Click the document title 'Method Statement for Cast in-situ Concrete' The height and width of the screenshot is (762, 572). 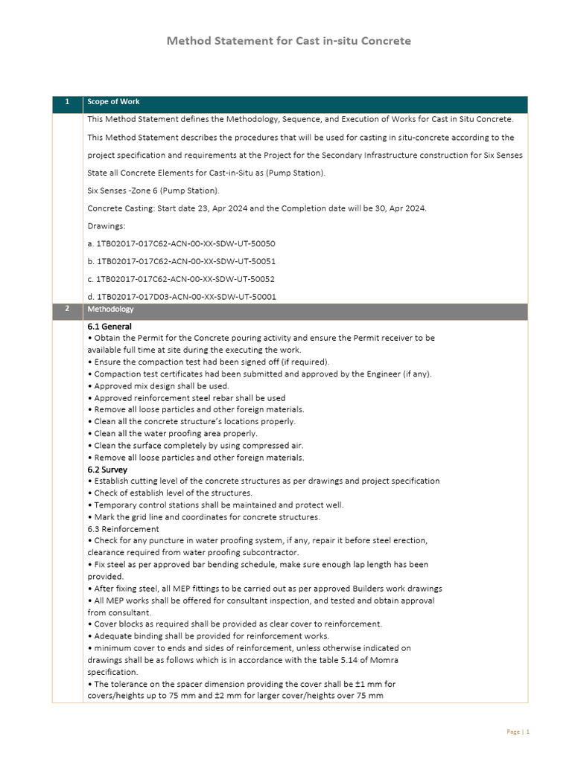coord(288,41)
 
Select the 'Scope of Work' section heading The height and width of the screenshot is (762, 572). coord(113,102)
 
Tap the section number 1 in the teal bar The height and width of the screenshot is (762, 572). coord(67,102)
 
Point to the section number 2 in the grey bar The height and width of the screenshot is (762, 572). coord(67,309)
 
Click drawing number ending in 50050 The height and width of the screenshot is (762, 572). coord(181,243)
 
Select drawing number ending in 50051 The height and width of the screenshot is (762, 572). coord(181,261)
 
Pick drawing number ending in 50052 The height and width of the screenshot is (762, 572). coord(181,279)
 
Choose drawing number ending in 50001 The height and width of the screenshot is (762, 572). coord(181,297)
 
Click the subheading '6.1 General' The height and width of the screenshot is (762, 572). coord(109,327)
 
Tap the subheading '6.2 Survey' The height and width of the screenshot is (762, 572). coord(107,470)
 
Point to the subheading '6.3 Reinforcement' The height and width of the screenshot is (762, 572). coord(123,529)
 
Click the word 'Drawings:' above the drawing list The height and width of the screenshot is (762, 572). coord(107,226)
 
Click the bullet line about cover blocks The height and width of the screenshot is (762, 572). coord(238,624)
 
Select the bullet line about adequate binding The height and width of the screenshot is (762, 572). coord(211,636)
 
